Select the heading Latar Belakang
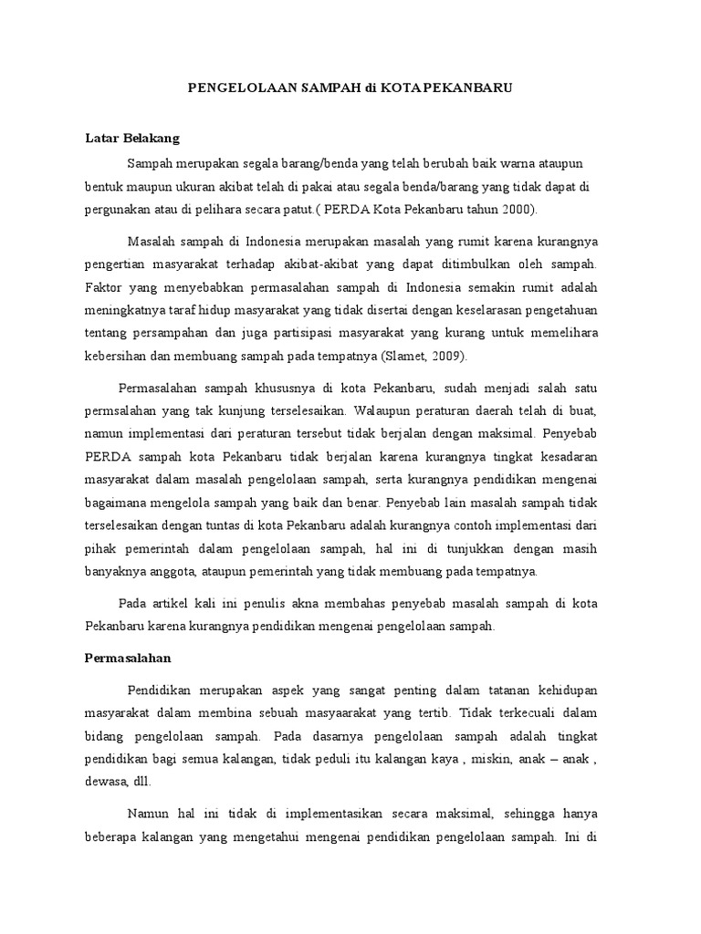(132, 139)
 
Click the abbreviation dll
(141, 781)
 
